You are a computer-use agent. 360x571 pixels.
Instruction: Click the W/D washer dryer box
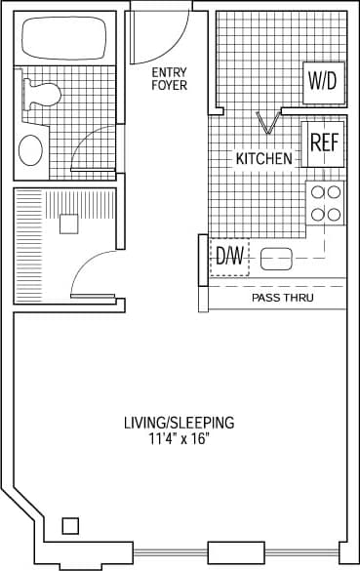click(x=322, y=81)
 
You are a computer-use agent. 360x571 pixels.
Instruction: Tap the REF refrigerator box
click(x=324, y=142)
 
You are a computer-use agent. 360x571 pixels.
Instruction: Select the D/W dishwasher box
click(x=230, y=257)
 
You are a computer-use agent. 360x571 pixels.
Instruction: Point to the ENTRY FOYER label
click(x=169, y=79)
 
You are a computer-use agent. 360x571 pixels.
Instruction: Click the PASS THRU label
click(x=283, y=298)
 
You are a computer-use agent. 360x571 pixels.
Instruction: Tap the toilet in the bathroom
click(x=41, y=94)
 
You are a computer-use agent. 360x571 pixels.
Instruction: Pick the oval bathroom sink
click(x=31, y=150)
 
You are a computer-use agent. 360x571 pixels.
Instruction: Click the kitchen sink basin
click(x=277, y=260)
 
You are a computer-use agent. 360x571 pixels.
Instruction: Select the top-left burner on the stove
click(x=316, y=192)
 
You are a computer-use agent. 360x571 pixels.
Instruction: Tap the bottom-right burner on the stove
click(x=334, y=213)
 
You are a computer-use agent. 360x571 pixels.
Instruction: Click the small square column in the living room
click(x=70, y=526)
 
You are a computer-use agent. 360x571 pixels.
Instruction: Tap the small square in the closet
click(x=67, y=224)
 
